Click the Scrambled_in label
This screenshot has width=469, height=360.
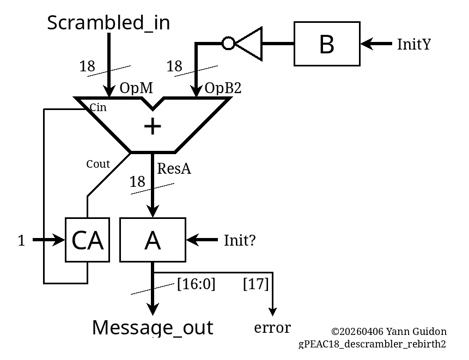[x=108, y=23]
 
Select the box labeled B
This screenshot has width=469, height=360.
[x=327, y=44]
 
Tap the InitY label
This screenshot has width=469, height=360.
[x=414, y=44]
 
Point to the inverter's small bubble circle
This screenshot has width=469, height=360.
[x=229, y=43]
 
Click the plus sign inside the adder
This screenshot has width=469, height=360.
[x=153, y=126]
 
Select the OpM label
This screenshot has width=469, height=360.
[x=136, y=88]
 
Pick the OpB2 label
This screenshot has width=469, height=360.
[x=223, y=88]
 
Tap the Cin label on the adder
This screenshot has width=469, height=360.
[x=98, y=107]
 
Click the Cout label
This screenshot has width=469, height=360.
[x=98, y=164]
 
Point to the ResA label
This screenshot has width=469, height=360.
[x=174, y=169]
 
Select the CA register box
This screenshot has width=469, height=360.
[x=87, y=240]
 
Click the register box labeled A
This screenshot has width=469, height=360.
[x=153, y=240]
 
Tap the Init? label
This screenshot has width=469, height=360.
[x=240, y=240]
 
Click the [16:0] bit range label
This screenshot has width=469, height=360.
[x=196, y=284]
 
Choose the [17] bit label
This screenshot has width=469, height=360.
[x=255, y=284]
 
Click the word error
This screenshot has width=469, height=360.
[x=272, y=328]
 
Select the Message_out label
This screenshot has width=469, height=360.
[x=153, y=328]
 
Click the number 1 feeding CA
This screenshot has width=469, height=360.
[x=21, y=241]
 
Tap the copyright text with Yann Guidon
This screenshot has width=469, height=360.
[x=388, y=332]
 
